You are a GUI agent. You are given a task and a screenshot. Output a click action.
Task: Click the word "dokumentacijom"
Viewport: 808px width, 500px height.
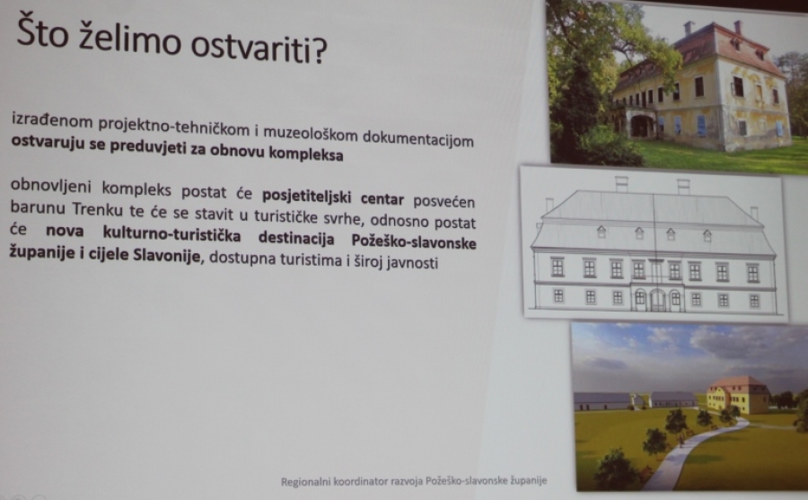point(417,138)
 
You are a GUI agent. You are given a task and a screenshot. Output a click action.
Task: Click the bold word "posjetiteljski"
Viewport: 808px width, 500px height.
point(307,197)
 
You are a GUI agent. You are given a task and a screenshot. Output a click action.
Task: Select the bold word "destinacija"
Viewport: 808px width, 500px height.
point(296,238)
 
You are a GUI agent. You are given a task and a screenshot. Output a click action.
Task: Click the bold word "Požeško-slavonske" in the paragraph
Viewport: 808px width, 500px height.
point(414,241)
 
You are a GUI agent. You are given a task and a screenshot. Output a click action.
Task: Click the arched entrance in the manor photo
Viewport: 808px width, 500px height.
point(640,126)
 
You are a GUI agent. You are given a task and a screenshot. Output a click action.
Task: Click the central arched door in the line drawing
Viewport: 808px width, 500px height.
point(657,301)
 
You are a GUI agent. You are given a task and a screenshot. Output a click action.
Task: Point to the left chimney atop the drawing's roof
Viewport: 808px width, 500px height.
point(621,184)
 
